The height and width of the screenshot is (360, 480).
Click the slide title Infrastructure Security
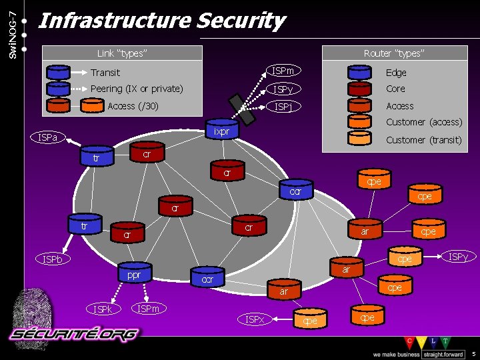click(x=162, y=21)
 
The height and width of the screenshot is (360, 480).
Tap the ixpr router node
click(x=222, y=131)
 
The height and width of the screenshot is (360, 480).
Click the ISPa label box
click(x=49, y=138)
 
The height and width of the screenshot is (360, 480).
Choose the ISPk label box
click(x=103, y=309)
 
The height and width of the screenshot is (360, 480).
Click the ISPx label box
click(x=255, y=319)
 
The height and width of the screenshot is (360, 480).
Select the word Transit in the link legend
click(x=105, y=73)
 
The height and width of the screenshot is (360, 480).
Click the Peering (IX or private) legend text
click(x=137, y=89)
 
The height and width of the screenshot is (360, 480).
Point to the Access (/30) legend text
click(x=133, y=105)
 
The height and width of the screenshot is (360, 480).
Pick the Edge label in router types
click(x=396, y=73)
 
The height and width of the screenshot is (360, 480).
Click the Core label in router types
click(x=395, y=89)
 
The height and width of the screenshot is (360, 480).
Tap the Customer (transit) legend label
click(x=424, y=140)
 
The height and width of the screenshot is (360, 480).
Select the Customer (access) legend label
click(x=424, y=122)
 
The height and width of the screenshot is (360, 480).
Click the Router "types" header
click(x=393, y=53)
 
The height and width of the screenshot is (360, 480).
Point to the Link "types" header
click(x=122, y=53)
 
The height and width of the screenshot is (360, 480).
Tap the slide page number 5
click(x=473, y=353)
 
